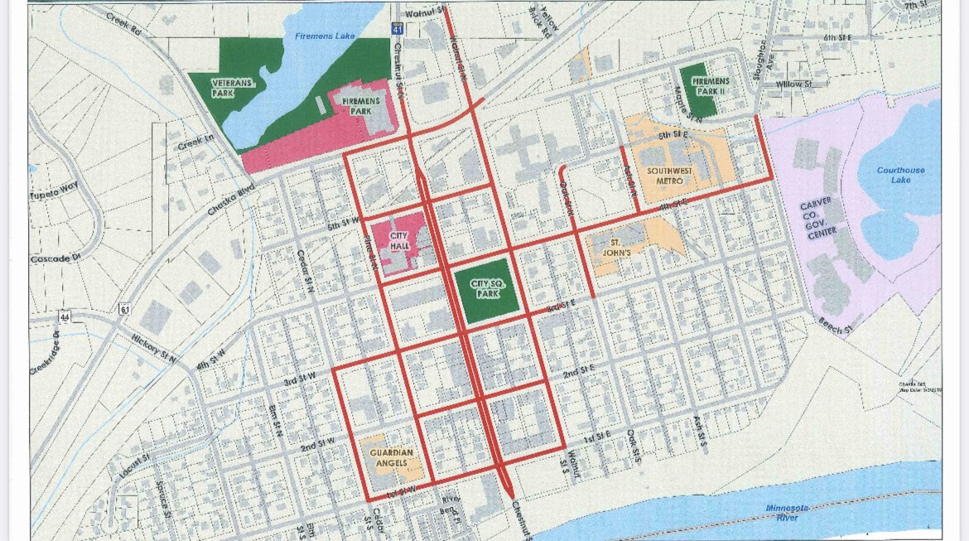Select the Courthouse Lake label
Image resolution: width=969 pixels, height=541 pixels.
pos(900,175)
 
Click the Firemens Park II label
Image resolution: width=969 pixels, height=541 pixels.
pos(711,86)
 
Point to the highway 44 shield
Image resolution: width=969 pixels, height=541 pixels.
pos(64,316)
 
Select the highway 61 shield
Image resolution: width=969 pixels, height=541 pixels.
pos(123,308)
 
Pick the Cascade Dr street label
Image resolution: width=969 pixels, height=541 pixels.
pos(57,258)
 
